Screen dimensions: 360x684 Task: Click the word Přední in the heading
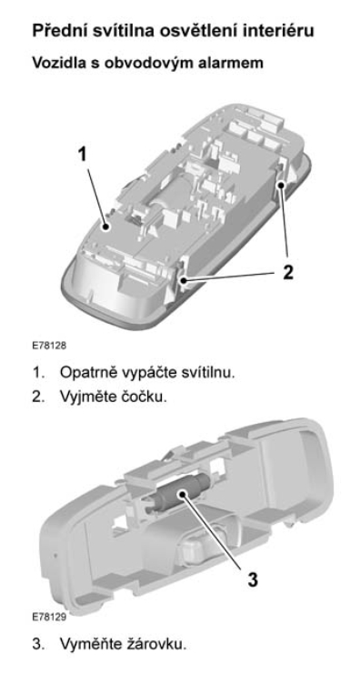coord(58,31)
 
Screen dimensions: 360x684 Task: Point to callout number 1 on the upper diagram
coord(83,155)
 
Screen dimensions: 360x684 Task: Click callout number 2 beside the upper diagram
coord(287,272)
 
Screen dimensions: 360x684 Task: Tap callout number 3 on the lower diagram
coord(253,579)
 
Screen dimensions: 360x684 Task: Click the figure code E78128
coord(49,346)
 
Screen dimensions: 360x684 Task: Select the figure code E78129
coord(49,617)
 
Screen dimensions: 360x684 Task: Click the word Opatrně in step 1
coord(86,373)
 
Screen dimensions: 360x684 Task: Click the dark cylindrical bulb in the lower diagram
coord(179,496)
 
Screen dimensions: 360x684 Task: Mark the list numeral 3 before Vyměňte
coord(37,644)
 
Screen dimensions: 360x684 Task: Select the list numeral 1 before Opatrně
coord(37,373)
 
